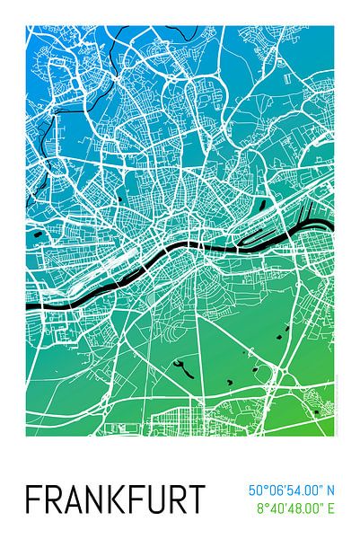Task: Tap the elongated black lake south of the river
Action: [182, 367]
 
